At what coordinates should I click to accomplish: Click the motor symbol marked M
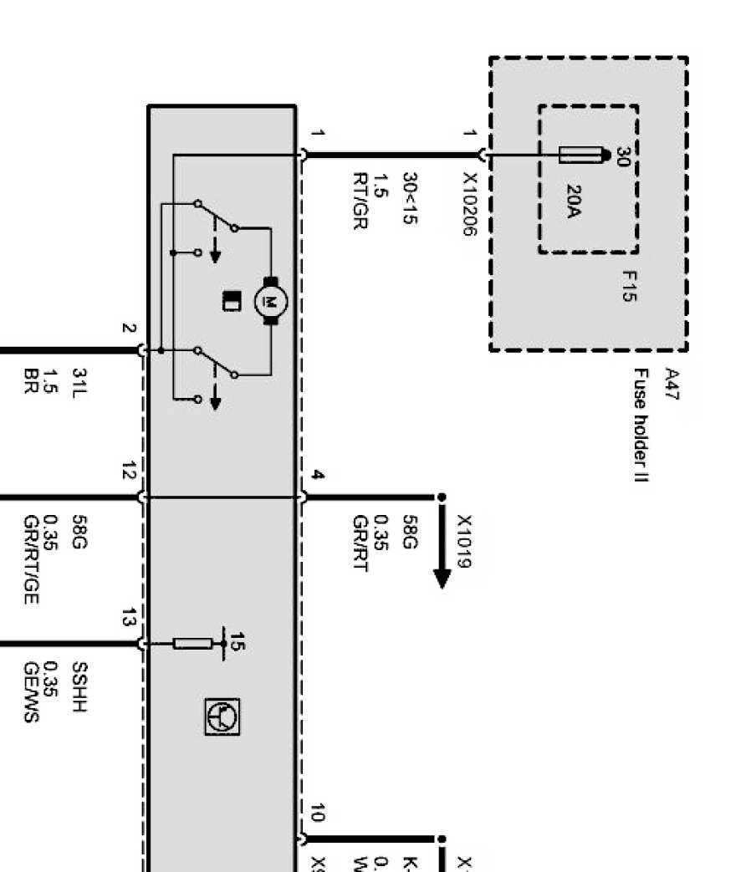pos(269,301)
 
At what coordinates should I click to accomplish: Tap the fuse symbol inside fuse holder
pos(581,155)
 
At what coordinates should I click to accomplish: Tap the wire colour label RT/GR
pos(360,201)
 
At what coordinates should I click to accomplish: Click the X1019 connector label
pos(465,543)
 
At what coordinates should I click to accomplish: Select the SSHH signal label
pos(79,686)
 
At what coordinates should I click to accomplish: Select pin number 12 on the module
pos(128,473)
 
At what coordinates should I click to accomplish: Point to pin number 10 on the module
pos(318,811)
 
